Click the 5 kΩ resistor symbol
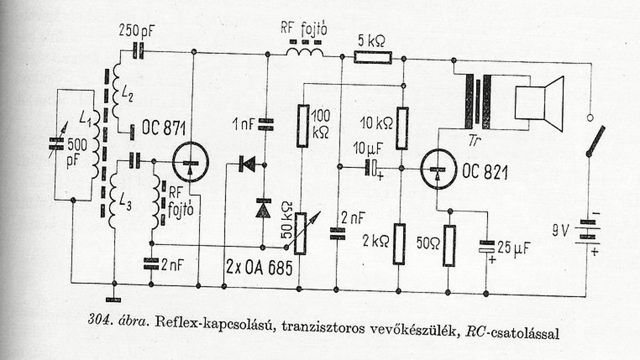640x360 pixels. click(372, 57)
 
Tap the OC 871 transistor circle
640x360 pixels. click(189, 162)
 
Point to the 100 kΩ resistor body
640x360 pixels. click(302, 125)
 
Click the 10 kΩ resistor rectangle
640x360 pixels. click(402, 128)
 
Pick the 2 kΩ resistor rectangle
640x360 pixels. click(398, 243)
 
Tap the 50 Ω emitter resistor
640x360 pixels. click(449, 245)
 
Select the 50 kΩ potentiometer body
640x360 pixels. click(300, 233)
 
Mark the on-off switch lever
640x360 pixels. click(595, 140)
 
